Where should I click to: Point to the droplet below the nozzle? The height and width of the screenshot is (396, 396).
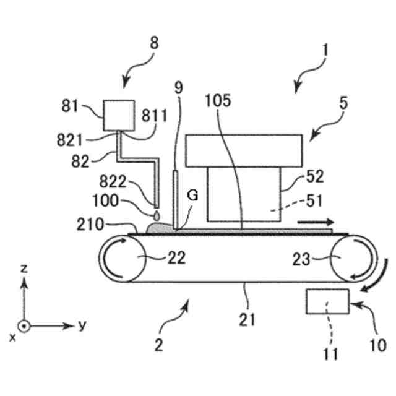coord(157,215)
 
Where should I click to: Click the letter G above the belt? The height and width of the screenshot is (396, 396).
coord(192,196)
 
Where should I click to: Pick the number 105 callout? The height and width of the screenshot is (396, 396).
coord(220,100)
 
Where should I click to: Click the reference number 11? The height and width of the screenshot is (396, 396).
coord(331,354)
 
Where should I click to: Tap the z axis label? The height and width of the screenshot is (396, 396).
coord(23,268)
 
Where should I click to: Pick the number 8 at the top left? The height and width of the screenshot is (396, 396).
coord(153,43)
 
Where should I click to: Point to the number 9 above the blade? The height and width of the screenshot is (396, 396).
coord(178,87)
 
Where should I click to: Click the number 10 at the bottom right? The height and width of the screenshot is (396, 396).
coord(376,344)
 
